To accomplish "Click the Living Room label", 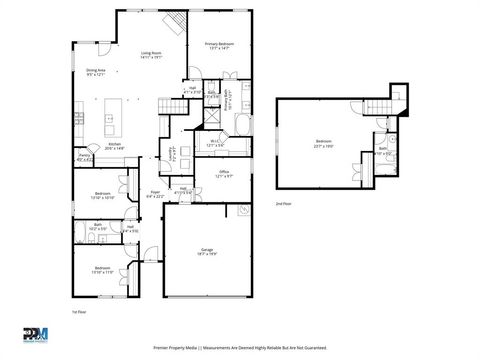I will [x=151, y=54].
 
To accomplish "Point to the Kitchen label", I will [x=115, y=145].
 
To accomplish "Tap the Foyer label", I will [x=155, y=195].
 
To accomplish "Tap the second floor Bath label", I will [x=384, y=150].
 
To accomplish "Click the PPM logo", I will [x=35, y=335].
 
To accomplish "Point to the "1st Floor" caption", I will [x=77, y=312].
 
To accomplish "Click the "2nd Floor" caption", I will [x=284, y=203].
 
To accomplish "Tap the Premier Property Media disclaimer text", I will [x=239, y=349].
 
